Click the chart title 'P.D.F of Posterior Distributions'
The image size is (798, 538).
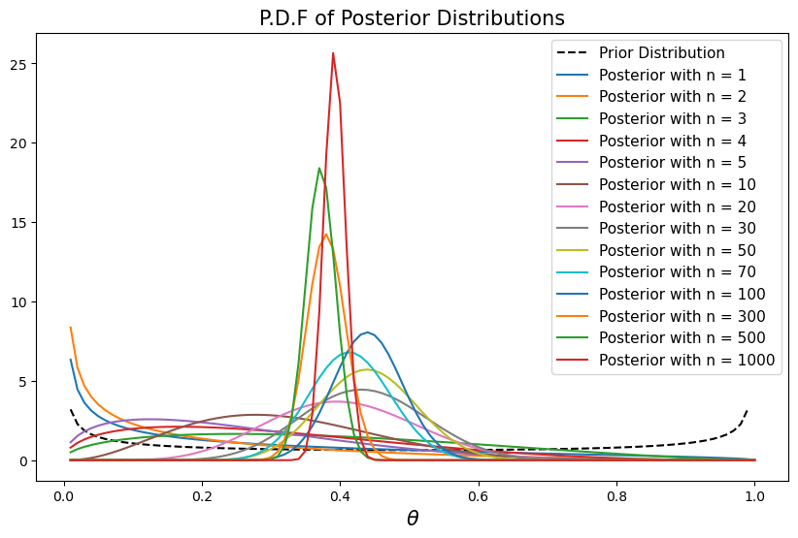coord(412,18)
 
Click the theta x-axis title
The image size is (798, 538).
coord(412,519)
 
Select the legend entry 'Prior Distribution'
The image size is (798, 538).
coord(661,52)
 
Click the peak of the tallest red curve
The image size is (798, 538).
coord(333,53)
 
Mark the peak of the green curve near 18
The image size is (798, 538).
coord(319,169)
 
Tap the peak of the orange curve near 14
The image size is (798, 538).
coord(326,234)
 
